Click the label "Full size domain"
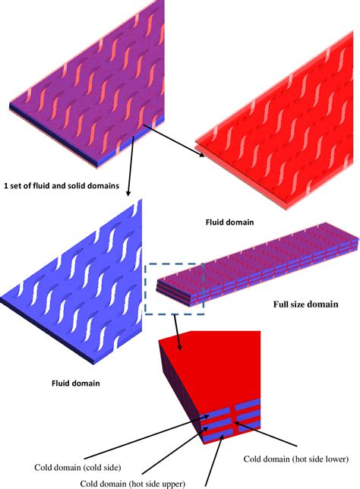click(x=306, y=304)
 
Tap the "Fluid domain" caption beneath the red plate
click(x=229, y=222)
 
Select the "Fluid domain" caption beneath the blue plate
click(x=76, y=383)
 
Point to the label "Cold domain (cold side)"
click(x=77, y=468)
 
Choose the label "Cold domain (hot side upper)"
click(x=133, y=484)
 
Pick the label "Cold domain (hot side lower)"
click(x=296, y=459)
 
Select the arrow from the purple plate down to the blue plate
click(x=131, y=166)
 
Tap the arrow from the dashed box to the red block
click(x=177, y=333)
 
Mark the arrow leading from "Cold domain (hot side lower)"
click(x=265, y=434)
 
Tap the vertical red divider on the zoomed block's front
click(x=232, y=419)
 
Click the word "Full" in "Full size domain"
click(x=280, y=304)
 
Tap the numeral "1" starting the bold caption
click(x=6, y=185)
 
